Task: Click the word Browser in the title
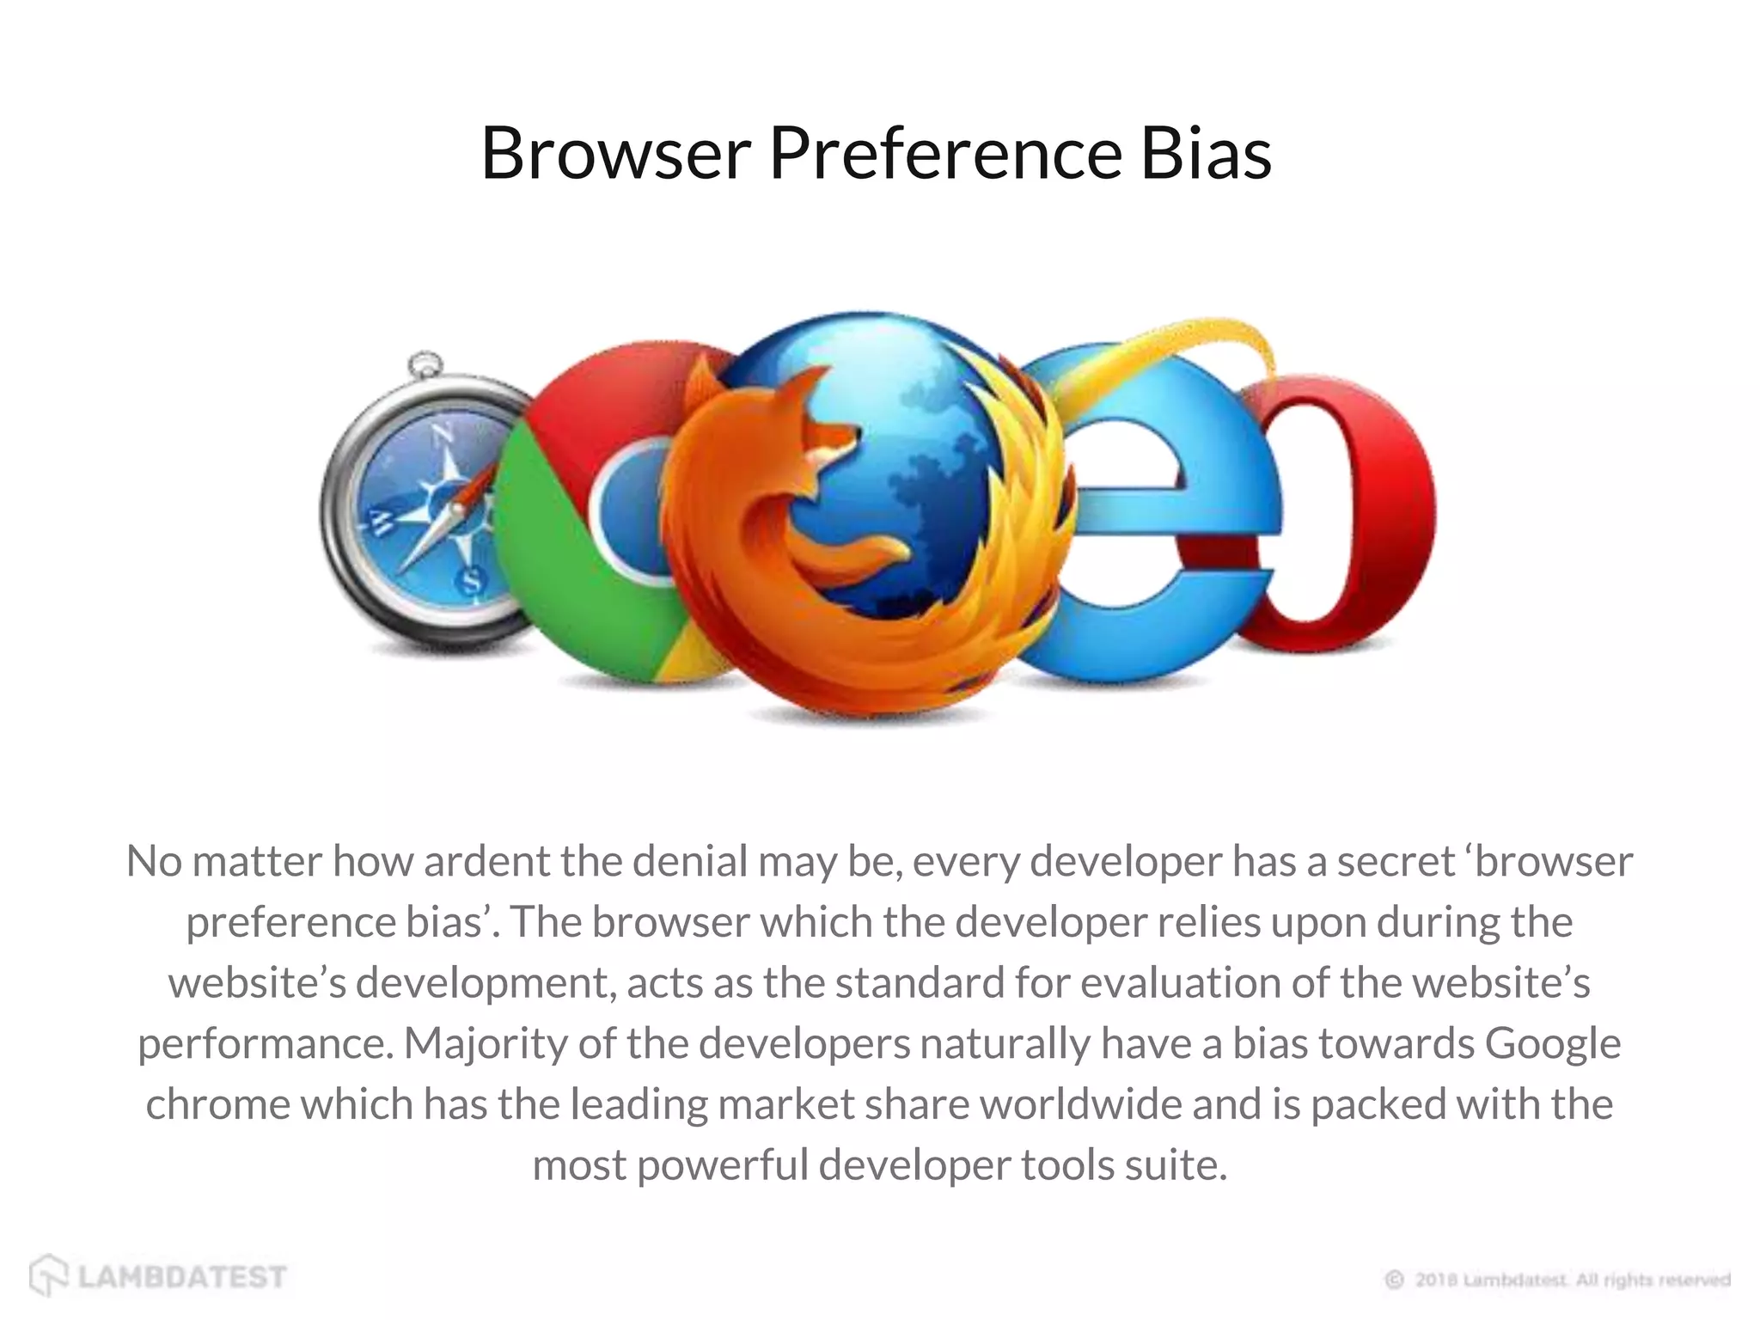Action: click(615, 154)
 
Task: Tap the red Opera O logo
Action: click(1341, 516)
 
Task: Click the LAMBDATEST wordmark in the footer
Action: click(182, 1277)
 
